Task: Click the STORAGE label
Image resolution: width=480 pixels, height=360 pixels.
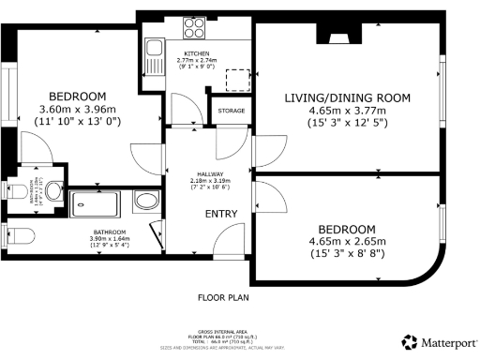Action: [231, 111]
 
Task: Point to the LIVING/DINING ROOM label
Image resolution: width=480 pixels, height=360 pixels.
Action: [347, 97]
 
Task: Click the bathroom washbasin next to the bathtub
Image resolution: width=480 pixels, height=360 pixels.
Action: [146, 201]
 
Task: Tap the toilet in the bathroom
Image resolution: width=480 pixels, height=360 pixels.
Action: [19, 234]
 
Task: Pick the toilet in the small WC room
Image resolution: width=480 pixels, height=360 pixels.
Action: [20, 192]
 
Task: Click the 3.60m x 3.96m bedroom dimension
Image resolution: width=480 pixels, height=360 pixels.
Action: [78, 109]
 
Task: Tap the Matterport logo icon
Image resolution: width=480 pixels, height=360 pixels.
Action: [409, 342]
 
